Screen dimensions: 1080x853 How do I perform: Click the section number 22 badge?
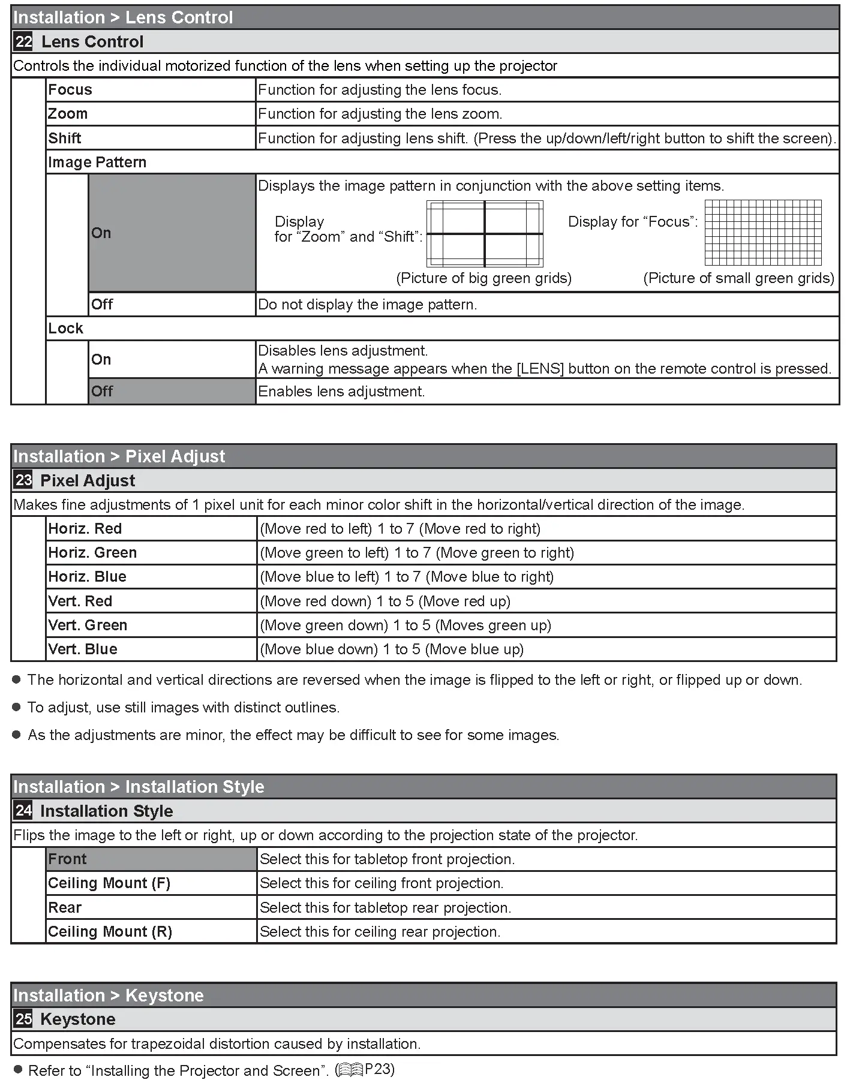(23, 41)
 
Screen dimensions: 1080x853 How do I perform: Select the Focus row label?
(70, 90)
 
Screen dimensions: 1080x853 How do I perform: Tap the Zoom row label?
(68, 114)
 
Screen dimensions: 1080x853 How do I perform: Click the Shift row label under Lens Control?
(65, 139)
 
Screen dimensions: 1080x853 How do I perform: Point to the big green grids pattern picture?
(485, 233)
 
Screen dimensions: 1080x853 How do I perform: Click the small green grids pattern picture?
(762, 233)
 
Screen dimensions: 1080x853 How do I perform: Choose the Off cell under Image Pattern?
(172, 304)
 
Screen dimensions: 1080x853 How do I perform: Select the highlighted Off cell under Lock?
(172, 392)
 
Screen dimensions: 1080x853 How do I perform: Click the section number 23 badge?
(23, 480)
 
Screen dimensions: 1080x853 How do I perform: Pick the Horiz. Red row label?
(85, 529)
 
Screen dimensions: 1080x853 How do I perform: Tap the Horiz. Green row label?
(92, 553)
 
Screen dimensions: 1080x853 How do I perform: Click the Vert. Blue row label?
(83, 649)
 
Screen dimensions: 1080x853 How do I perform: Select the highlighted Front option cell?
(151, 859)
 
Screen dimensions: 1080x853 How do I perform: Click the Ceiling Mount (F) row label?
(109, 883)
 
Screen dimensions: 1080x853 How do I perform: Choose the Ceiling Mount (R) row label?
(110, 932)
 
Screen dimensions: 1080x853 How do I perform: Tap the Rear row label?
(65, 908)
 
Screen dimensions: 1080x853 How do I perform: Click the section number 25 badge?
(23, 1019)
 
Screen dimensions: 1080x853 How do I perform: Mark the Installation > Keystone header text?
(109, 995)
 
